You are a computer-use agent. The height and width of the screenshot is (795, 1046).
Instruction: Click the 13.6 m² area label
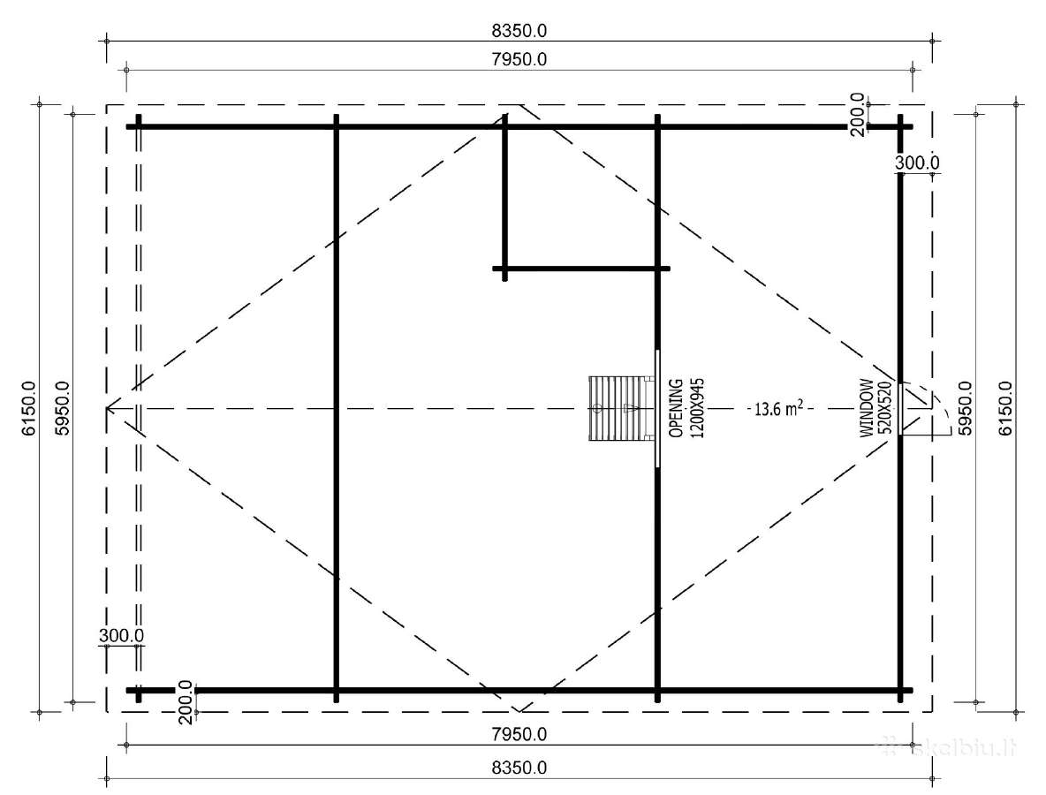(x=778, y=407)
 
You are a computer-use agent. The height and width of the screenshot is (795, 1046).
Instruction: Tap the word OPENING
(x=677, y=408)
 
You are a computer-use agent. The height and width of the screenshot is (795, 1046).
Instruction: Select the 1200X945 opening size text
(x=696, y=408)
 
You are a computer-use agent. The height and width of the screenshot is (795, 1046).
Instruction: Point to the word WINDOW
(x=868, y=408)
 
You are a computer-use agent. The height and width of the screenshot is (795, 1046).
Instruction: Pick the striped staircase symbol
(x=617, y=408)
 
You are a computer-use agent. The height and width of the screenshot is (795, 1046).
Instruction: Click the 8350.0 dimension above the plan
(x=519, y=31)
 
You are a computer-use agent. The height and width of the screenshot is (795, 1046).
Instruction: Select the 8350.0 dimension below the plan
(x=519, y=768)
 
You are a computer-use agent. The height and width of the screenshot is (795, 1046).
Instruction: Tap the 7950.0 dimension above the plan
(x=519, y=59)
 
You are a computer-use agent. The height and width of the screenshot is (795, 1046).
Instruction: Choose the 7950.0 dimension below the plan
(x=519, y=734)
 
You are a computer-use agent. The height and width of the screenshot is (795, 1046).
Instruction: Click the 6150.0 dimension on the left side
(x=28, y=408)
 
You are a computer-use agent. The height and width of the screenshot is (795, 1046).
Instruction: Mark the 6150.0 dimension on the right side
(x=1005, y=408)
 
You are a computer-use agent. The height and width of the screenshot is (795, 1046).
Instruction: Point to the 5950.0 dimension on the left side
(x=62, y=408)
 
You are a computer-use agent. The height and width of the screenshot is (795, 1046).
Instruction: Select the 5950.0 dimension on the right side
(x=965, y=408)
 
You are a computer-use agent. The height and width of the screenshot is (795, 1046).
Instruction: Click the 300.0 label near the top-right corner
(x=917, y=162)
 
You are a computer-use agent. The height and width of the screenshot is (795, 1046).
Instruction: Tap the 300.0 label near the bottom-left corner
(x=121, y=636)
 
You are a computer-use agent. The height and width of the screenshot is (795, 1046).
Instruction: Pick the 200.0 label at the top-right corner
(x=858, y=115)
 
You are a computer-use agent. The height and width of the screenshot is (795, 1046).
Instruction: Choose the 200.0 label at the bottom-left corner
(x=186, y=701)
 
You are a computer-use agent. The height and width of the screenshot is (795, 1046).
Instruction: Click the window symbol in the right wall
(x=901, y=409)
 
